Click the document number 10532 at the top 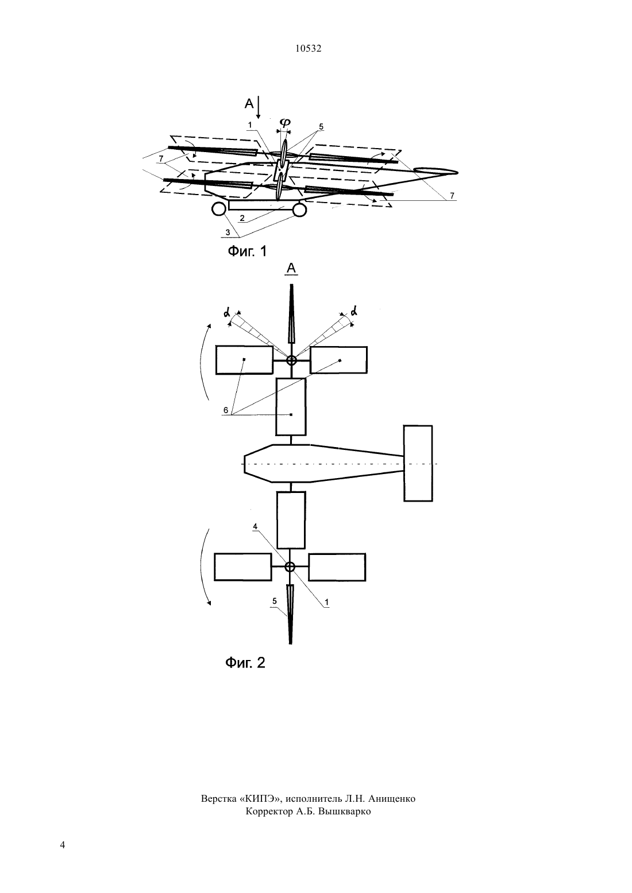[x=308, y=49]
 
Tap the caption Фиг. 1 [x=247, y=251]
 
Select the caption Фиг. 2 [x=245, y=662]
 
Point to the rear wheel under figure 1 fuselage [x=300, y=209]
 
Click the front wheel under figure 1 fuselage [x=219, y=209]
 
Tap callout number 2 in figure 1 [x=242, y=218]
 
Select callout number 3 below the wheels [x=228, y=232]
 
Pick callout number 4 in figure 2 [x=255, y=526]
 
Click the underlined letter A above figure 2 [x=292, y=269]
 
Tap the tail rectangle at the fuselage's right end [x=418, y=463]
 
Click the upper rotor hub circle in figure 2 [x=292, y=360]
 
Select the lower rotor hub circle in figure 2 [x=290, y=567]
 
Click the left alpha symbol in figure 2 [x=227, y=313]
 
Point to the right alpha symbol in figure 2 [x=354, y=310]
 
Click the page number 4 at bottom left [x=62, y=845]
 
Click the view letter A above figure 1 [x=249, y=104]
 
